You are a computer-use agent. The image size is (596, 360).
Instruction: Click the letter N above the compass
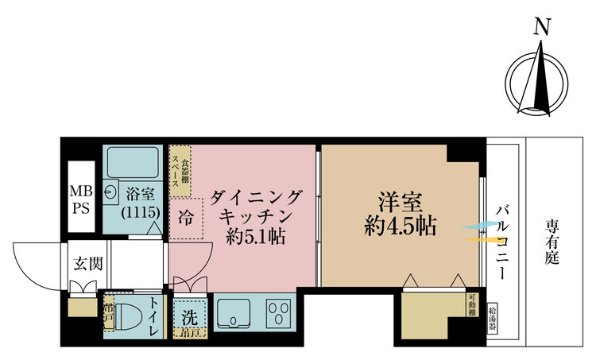(x=543, y=27)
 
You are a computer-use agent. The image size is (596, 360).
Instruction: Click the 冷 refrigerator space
(x=185, y=215)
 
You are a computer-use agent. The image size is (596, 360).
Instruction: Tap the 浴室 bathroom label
(x=142, y=194)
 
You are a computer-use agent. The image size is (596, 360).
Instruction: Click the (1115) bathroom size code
(x=142, y=213)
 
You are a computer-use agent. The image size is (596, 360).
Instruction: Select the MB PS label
(x=81, y=201)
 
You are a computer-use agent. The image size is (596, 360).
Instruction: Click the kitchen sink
(x=234, y=312)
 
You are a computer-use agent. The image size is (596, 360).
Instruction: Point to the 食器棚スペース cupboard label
(x=180, y=169)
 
